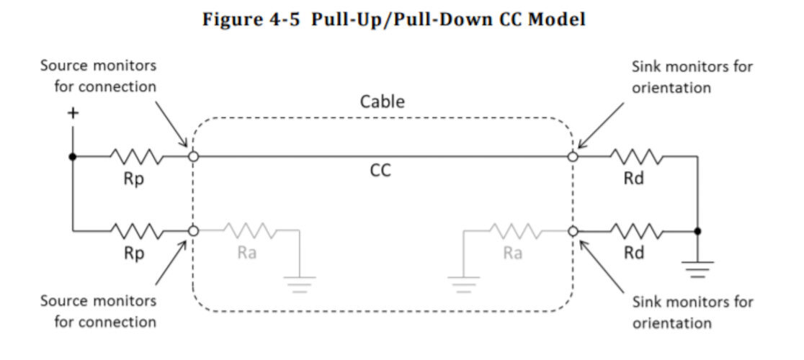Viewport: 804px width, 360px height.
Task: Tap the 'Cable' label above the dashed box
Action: (382, 102)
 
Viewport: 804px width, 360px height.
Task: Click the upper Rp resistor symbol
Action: (136, 156)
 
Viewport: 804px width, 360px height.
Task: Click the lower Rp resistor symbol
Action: (136, 231)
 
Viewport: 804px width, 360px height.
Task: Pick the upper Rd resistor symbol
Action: (636, 156)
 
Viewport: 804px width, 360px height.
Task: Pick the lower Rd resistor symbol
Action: (636, 231)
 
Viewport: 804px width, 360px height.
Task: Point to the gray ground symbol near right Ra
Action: (464, 282)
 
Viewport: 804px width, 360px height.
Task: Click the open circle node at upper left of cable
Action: (192, 156)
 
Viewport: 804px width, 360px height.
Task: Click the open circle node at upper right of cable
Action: (573, 156)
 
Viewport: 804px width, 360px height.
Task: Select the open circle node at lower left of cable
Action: (192, 231)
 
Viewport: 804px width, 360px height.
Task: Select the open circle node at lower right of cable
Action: (573, 231)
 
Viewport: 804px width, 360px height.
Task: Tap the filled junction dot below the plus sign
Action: (72, 156)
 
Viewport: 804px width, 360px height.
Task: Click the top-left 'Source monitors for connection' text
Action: (98, 76)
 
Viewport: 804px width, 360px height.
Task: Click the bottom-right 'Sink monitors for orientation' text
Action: (692, 312)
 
